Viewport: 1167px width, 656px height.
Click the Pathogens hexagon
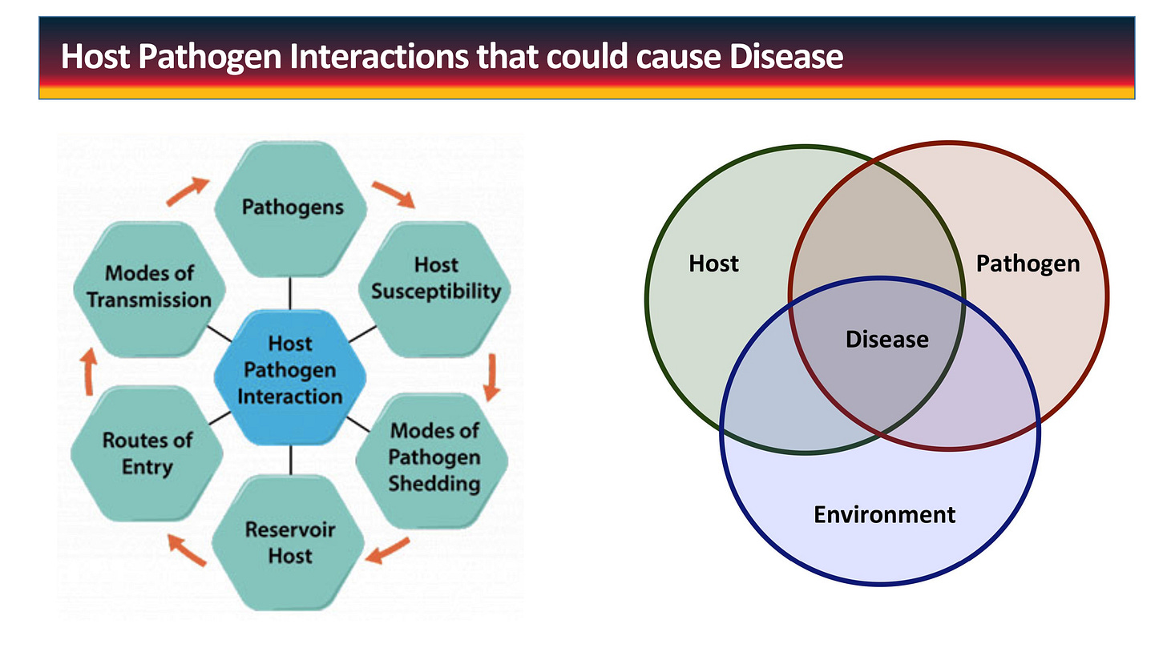[291, 209]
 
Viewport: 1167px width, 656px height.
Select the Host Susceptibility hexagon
[435, 289]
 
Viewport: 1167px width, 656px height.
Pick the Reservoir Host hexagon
[289, 542]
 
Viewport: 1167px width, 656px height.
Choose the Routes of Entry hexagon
[147, 453]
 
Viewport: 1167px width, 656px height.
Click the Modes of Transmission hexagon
[150, 289]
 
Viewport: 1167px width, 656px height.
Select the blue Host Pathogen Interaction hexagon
[290, 377]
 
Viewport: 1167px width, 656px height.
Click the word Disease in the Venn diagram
[886, 340]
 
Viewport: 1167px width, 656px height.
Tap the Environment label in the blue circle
[885, 514]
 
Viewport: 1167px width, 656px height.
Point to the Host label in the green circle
[713, 264]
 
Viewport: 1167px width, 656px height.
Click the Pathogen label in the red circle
[1028, 264]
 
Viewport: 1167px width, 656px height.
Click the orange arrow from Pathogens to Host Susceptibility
[394, 194]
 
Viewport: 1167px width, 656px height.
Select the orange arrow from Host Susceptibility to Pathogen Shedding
[491, 377]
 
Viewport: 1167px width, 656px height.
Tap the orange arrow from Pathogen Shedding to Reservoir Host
[387, 550]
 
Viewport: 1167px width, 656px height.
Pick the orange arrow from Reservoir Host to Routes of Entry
[187, 549]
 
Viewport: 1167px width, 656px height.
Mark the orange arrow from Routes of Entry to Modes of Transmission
[89, 371]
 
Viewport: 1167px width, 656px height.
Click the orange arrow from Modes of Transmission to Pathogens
[188, 191]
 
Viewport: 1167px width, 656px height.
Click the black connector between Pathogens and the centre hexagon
[290, 294]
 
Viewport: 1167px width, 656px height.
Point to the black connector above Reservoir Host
[290, 461]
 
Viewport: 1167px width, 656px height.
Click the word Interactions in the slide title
[379, 56]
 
